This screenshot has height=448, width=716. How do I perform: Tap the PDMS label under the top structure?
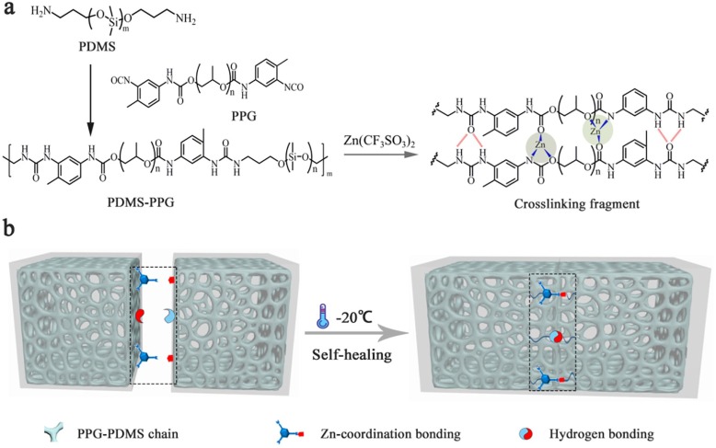98,46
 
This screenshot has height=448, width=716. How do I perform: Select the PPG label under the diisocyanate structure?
244,116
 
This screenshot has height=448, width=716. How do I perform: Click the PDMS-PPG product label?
141,201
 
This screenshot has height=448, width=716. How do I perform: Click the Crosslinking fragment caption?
577,204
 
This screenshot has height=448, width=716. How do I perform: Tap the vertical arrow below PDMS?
90,99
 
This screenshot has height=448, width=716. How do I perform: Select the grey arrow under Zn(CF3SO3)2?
380,155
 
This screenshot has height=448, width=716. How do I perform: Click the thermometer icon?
322,318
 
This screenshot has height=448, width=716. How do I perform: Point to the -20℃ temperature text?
354,317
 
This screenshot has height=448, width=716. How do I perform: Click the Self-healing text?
352,354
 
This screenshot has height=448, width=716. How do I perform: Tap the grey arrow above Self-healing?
356,334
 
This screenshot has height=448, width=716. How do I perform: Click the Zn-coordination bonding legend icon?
289,432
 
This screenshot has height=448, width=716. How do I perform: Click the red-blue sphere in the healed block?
555,337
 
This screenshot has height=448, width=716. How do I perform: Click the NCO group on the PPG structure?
294,87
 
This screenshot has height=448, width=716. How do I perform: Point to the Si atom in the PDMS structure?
111,19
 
